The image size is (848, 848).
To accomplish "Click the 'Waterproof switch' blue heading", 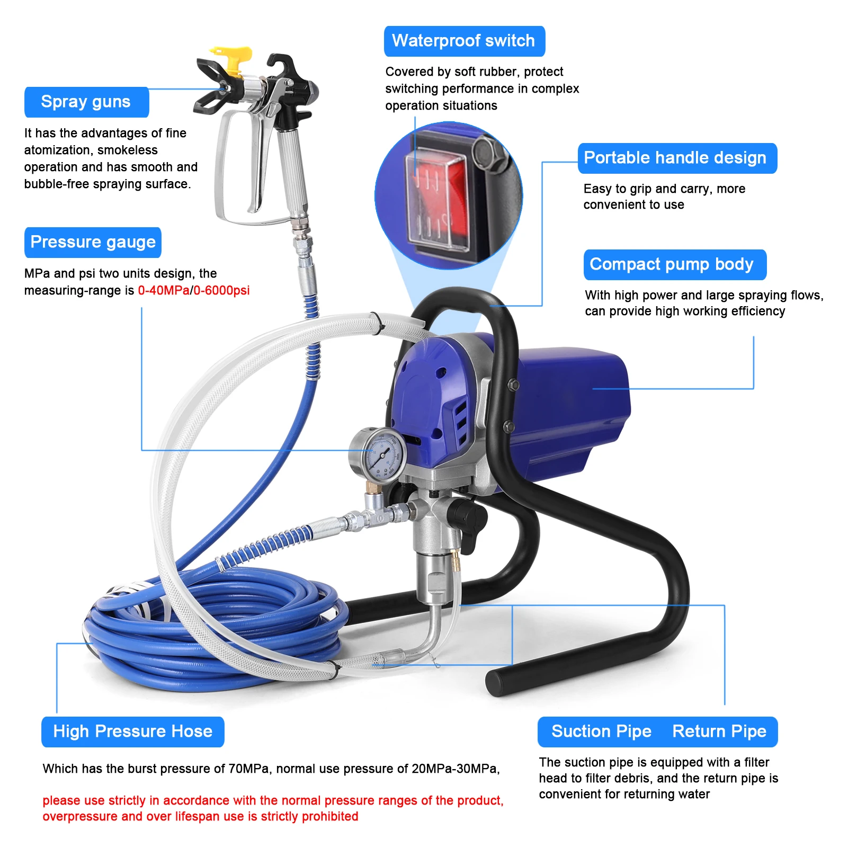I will coord(464,41).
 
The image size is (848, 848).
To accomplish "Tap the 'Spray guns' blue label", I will coord(86,102).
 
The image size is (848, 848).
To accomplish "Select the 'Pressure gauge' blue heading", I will coord(93,242).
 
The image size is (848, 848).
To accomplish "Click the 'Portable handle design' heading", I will coord(676,158).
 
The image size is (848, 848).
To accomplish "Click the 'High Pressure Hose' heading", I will coord(132,731).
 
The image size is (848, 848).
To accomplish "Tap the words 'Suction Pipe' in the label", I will coord(601,731).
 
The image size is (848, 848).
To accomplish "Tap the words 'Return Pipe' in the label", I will coord(719,731).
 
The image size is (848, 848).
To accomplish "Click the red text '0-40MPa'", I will coord(163,290).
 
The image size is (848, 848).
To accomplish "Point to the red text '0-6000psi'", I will coord(221,290).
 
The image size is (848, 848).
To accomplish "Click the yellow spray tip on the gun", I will coord(232,58).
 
